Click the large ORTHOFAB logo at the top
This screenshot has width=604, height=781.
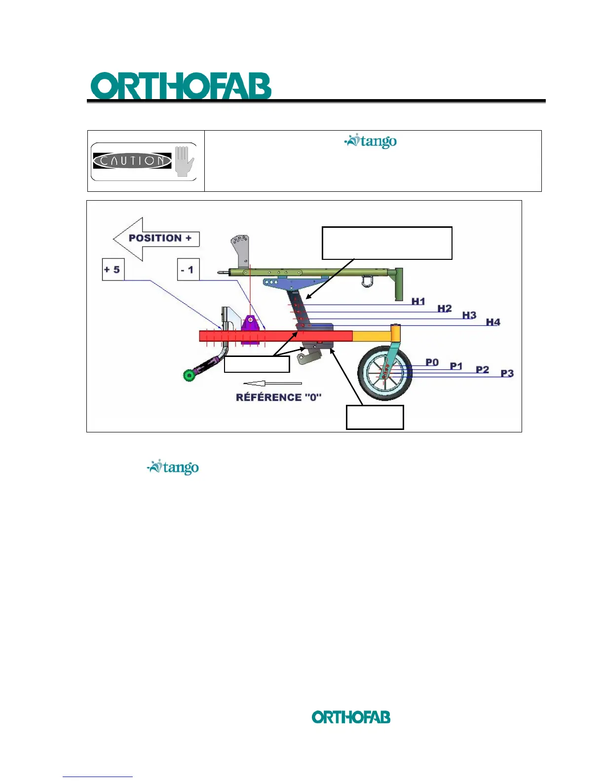tap(181, 87)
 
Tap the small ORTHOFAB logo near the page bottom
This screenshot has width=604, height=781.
tap(351, 717)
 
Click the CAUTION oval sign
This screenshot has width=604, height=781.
tap(132, 161)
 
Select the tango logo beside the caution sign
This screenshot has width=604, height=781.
tap(371, 142)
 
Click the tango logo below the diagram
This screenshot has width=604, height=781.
tap(173, 467)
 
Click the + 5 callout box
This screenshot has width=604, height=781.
tap(113, 270)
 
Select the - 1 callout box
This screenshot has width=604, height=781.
tap(188, 270)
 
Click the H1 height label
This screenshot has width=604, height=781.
tap(418, 301)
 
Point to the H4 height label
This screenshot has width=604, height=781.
tap(493, 322)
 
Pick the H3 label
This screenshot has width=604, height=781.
tap(469, 315)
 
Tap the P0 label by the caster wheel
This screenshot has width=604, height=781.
tap(432, 362)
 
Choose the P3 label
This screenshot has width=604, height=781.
tap(507, 373)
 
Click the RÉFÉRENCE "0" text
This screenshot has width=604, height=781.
tap(279, 397)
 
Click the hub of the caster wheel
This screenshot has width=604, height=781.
tap(385, 373)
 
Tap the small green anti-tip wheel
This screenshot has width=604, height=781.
tap(189, 376)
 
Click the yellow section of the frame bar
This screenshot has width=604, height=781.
tap(370, 336)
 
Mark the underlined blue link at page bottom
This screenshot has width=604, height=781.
tap(98, 776)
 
